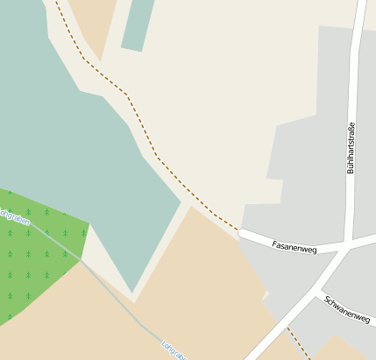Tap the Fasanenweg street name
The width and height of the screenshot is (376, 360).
pos(294,246)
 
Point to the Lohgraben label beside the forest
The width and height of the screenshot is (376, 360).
pos(14,215)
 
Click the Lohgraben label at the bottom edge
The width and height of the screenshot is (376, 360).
pos(174,349)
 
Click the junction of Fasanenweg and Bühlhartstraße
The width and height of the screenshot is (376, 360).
pos(350,244)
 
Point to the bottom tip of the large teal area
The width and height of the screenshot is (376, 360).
pos(132,292)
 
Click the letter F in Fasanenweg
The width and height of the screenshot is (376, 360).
pos(275,244)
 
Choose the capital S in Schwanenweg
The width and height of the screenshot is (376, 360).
pos(327,300)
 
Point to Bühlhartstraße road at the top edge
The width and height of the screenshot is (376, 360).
pos(361,7)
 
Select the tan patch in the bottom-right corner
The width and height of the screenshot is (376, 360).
pos(342,349)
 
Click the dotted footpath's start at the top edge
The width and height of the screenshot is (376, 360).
pos(59,3)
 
